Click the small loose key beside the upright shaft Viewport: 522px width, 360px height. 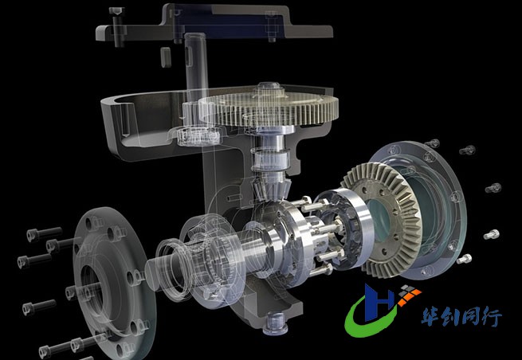tap(166, 57)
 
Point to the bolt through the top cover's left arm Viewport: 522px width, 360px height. tap(117, 26)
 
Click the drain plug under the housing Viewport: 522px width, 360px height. tap(275, 323)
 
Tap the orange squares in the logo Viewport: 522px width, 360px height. tap(410, 295)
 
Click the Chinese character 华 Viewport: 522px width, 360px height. tap(432, 316)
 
